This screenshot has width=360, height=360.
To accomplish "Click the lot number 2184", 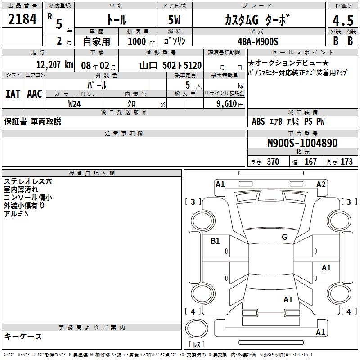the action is (22, 19).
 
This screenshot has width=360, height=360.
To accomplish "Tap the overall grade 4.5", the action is (343, 20).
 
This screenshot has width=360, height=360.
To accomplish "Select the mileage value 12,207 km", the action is (55, 65).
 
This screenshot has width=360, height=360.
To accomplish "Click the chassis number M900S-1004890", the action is (302, 143).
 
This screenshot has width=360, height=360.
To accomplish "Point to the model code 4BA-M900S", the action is (258, 41).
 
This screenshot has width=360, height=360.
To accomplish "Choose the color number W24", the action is (74, 104).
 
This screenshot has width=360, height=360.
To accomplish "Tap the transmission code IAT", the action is (13, 94).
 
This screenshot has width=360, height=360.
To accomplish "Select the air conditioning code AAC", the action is (35, 94).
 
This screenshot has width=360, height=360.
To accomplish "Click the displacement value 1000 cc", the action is (141, 41).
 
